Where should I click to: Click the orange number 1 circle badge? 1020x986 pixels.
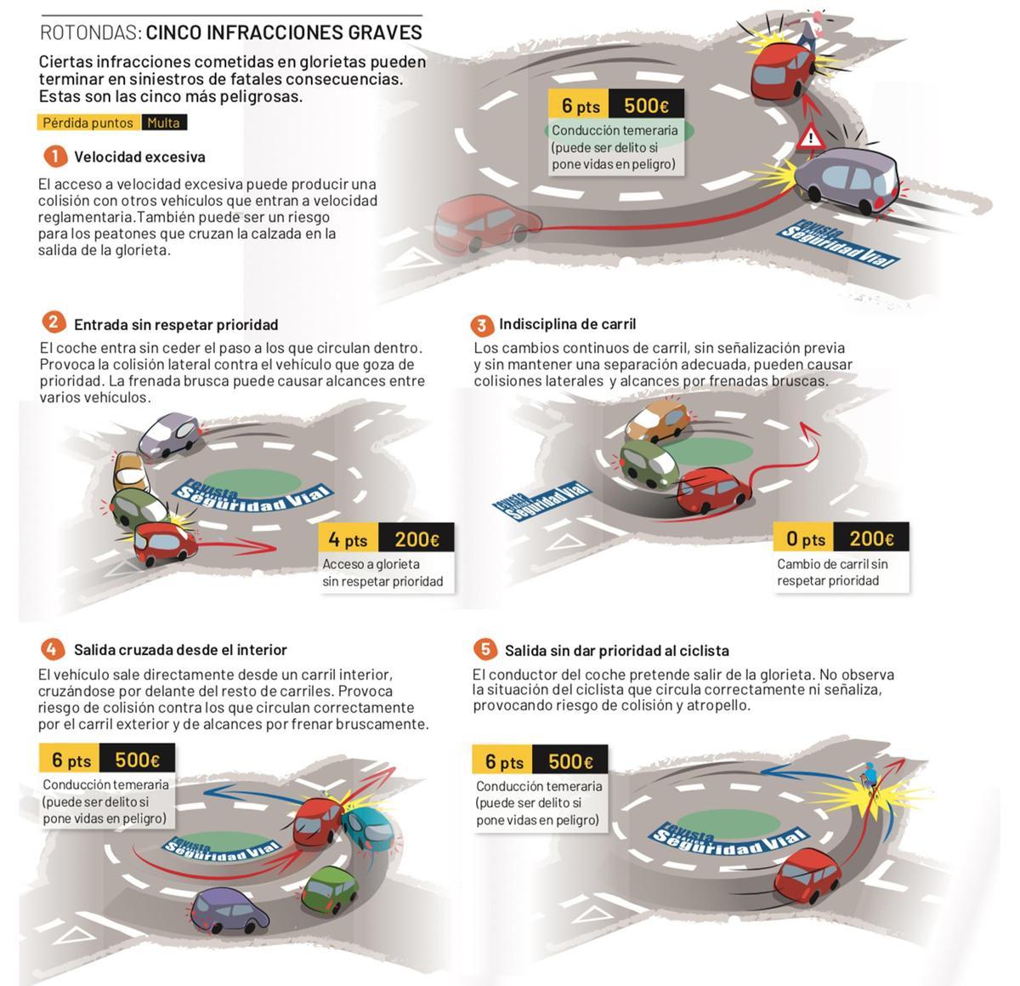click(x=54, y=157)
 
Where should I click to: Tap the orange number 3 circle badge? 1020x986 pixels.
click(x=481, y=325)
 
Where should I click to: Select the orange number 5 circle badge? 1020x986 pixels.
click(x=484, y=650)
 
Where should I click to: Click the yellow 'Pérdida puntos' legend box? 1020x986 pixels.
click(x=88, y=123)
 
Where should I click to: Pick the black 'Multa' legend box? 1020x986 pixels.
click(x=163, y=123)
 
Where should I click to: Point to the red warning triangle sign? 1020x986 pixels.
click(x=811, y=138)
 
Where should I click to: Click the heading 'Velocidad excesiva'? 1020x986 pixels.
click(x=139, y=157)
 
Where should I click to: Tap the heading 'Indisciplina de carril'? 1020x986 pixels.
click(x=567, y=324)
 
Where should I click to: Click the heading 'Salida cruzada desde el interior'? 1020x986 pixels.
click(x=180, y=650)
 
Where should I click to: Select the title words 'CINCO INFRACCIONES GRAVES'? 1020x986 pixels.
click(x=284, y=33)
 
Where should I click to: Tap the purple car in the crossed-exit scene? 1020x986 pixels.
click(x=230, y=909)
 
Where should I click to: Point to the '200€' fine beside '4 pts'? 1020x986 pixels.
click(x=416, y=539)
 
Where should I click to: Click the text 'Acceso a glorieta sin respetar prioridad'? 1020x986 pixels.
click(x=382, y=573)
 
